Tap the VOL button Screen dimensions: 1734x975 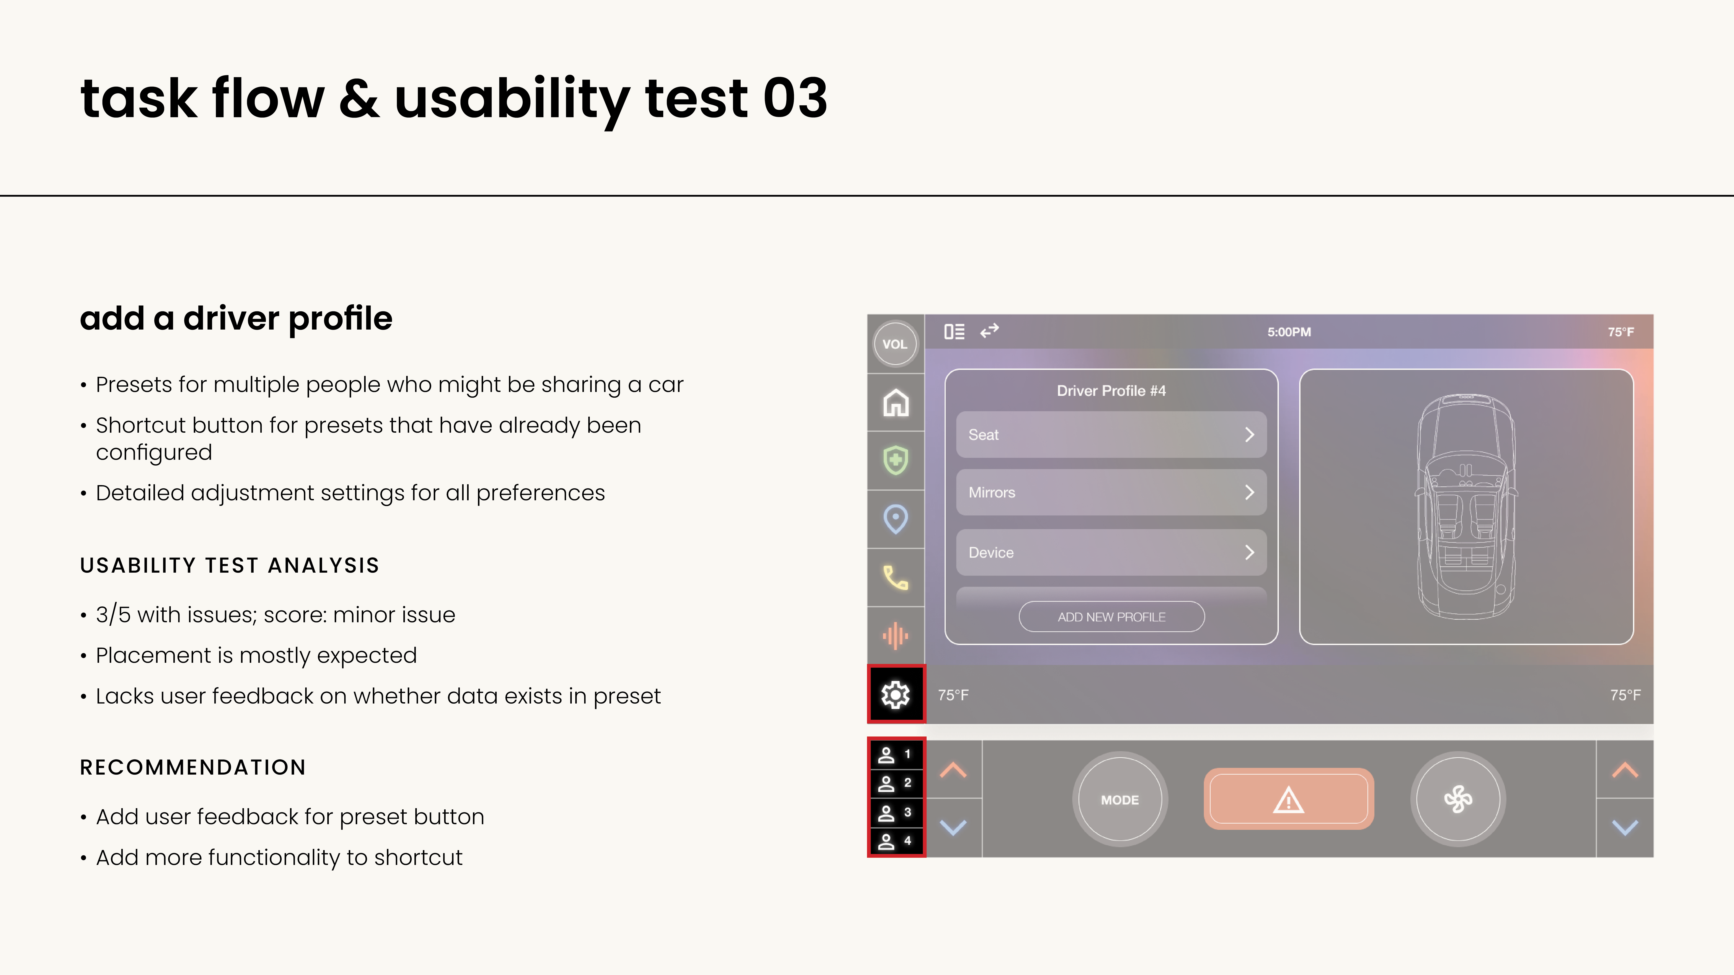(x=895, y=344)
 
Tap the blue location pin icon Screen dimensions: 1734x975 (x=895, y=519)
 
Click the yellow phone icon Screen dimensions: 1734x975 (x=895, y=577)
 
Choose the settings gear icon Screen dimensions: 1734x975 (x=895, y=694)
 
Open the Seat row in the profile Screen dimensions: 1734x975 (x=1111, y=435)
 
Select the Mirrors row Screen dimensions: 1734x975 (x=1111, y=492)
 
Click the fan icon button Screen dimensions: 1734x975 (x=1458, y=799)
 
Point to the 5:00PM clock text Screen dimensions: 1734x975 (x=1289, y=332)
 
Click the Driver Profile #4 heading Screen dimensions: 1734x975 (x=1111, y=391)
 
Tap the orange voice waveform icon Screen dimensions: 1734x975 (x=895, y=636)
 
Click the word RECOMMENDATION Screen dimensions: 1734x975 (x=192, y=767)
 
